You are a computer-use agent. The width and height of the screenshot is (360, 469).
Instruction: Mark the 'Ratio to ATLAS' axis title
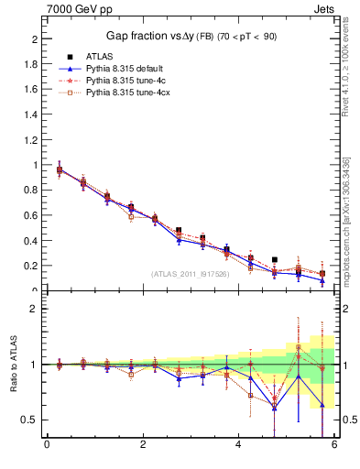(x=12, y=364)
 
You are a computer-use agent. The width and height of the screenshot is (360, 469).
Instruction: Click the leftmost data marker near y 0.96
(x=60, y=169)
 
